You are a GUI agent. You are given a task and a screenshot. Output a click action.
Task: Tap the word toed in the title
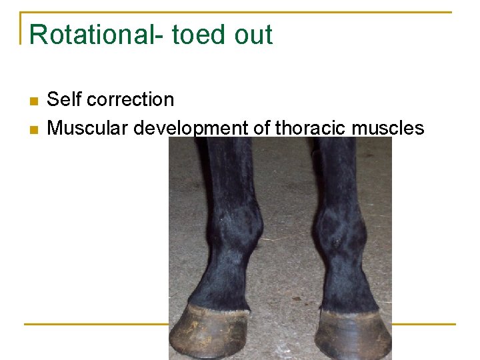pyautogui.click(x=199, y=35)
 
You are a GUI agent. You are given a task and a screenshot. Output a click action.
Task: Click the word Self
pyautogui.click(x=64, y=100)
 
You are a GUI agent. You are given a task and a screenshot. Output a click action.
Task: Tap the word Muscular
pyautogui.click(x=88, y=127)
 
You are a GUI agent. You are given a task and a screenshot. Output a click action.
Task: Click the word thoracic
pyautogui.click(x=311, y=127)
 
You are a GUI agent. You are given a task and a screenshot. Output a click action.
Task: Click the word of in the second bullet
pyautogui.click(x=261, y=127)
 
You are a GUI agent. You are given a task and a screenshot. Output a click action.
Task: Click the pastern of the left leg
pyautogui.click(x=220, y=283)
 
